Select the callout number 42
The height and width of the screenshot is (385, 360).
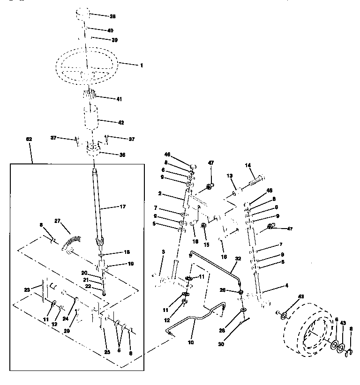[120, 122]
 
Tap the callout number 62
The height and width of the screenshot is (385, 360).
[29, 139]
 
